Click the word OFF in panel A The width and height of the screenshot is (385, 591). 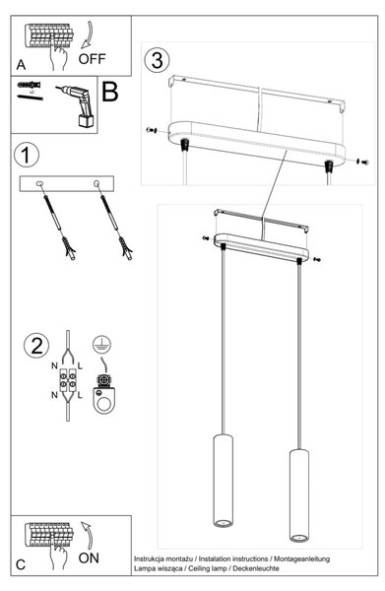92,59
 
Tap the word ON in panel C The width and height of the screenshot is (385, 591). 89,558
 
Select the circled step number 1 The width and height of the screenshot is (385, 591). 26,155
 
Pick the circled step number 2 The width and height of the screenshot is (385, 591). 36,346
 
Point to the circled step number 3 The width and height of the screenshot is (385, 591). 157,60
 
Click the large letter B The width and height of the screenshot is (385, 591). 110,92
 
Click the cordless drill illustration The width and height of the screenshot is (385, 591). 76,105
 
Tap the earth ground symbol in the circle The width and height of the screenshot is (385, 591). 101,344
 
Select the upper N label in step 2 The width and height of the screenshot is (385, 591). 54,365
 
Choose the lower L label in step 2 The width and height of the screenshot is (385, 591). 80,395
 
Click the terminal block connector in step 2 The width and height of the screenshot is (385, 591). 68,380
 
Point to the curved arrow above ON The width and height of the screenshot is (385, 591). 88,535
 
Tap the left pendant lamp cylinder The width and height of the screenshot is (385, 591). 223,481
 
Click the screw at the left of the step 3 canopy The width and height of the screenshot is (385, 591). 152,130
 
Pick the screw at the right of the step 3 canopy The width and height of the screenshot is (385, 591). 362,163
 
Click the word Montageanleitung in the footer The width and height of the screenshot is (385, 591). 301,558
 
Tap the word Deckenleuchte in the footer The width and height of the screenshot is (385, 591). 256,568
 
